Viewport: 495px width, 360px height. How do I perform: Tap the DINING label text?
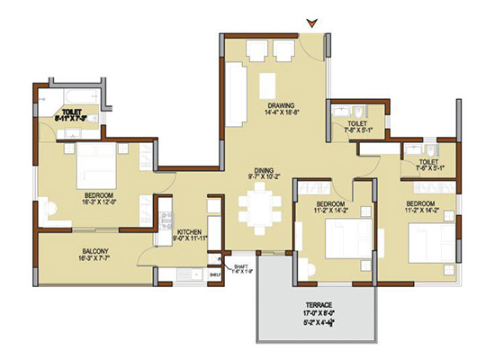tap(263, 168)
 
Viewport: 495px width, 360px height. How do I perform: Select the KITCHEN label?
tap(190, 231)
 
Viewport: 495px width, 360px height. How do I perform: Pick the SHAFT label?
tap(240, 267)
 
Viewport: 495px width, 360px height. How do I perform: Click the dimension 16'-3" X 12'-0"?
tap(98, 203)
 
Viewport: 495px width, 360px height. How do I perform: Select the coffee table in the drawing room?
tap(267, 85)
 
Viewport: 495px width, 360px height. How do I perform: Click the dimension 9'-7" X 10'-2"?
tap(263, 177)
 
